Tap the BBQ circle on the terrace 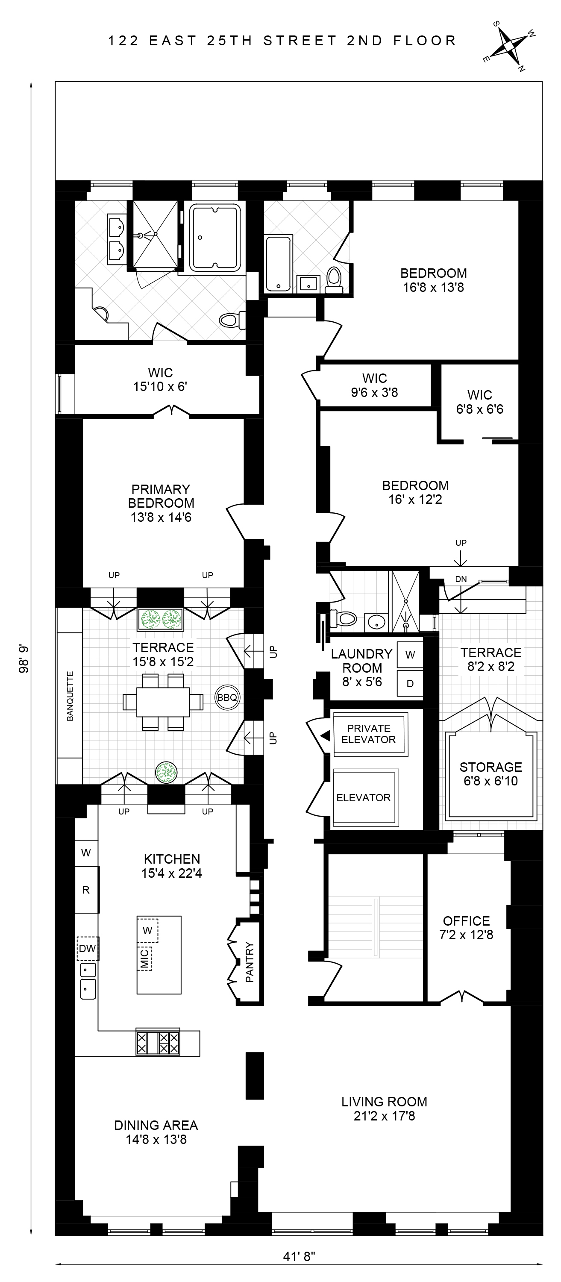pyautogui.click(x=227, y=697)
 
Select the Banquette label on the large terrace pyautogui.click(x=70, y=696)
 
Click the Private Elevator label pyautogui.click(x=368, y=734)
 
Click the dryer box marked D pyautogui.click(x=410, y=683)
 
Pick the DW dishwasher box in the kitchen pyautogui.click(x=87, y=948)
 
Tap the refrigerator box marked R pyautogui.click(x=86, y=890)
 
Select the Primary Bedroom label pyautogui.click(x=161, y=496)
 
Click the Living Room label pyautogui.click(x=384, y=1101)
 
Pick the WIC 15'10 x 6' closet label pyautogui.click(x=160, y=372)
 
